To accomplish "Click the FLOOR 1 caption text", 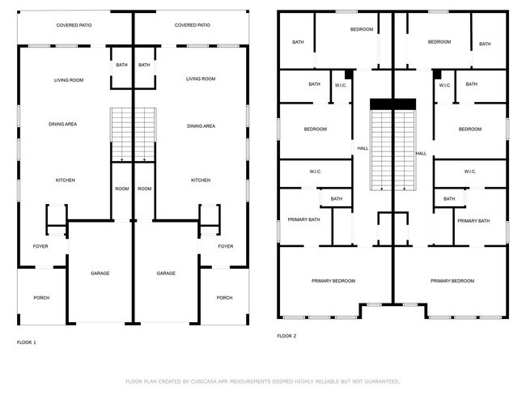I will coord(27,342).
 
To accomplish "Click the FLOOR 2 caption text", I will coord(287,335).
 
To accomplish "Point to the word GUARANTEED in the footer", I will coord(379,380).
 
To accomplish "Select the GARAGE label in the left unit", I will coord(100,274).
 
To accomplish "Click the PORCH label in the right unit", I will coord(224,298).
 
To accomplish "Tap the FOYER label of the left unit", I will coord(40,246).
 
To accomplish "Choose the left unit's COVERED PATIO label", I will coord(74,25).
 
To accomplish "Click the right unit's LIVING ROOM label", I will coord(201,79).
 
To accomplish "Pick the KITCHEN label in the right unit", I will coord(201,180).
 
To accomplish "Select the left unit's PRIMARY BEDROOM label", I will coord(333,281).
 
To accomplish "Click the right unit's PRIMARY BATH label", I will coord(473,220).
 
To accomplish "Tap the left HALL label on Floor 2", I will coord(363,148).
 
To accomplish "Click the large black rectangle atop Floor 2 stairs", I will coord(392,104).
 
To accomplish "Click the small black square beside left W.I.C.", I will coord(349,73).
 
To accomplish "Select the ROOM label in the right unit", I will coord(145,189).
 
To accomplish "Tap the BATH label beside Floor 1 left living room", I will coord(121,65).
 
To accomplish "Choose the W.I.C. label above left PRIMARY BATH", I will coord(316,172).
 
